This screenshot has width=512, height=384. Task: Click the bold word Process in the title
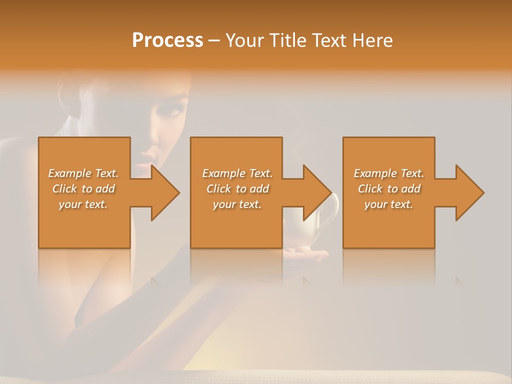point(167,41)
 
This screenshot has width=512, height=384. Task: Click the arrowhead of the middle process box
point(317,193)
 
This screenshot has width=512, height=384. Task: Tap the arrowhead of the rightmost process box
point(469,193)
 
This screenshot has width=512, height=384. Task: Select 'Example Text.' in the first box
point(83,173)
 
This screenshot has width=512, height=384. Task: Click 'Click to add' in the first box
point(83,189)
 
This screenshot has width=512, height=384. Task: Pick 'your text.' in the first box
point(83,204)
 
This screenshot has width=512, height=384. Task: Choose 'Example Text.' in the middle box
point(237,173)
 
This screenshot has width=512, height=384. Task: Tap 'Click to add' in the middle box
point(237,189)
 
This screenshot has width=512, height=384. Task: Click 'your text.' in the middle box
point(237,204)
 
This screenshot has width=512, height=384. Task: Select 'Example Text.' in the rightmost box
point(389,173)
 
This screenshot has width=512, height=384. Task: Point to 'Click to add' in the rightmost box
point(389,189)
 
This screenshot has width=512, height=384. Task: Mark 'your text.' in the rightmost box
point(389,204)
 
